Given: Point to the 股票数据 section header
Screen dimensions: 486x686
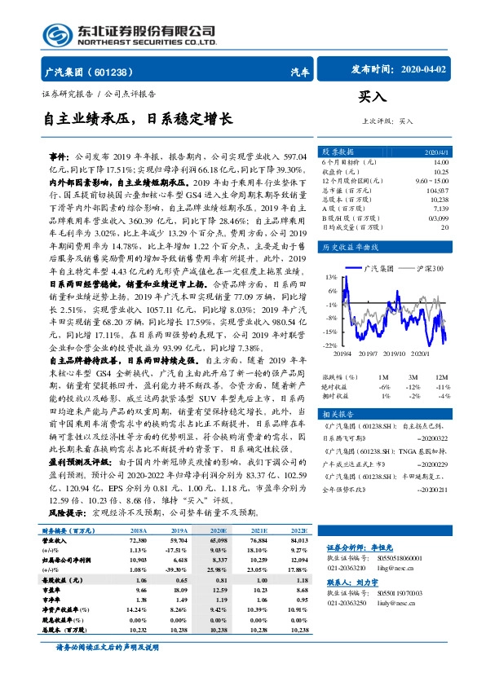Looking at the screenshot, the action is pyautogui.click(x=338, y=152).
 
